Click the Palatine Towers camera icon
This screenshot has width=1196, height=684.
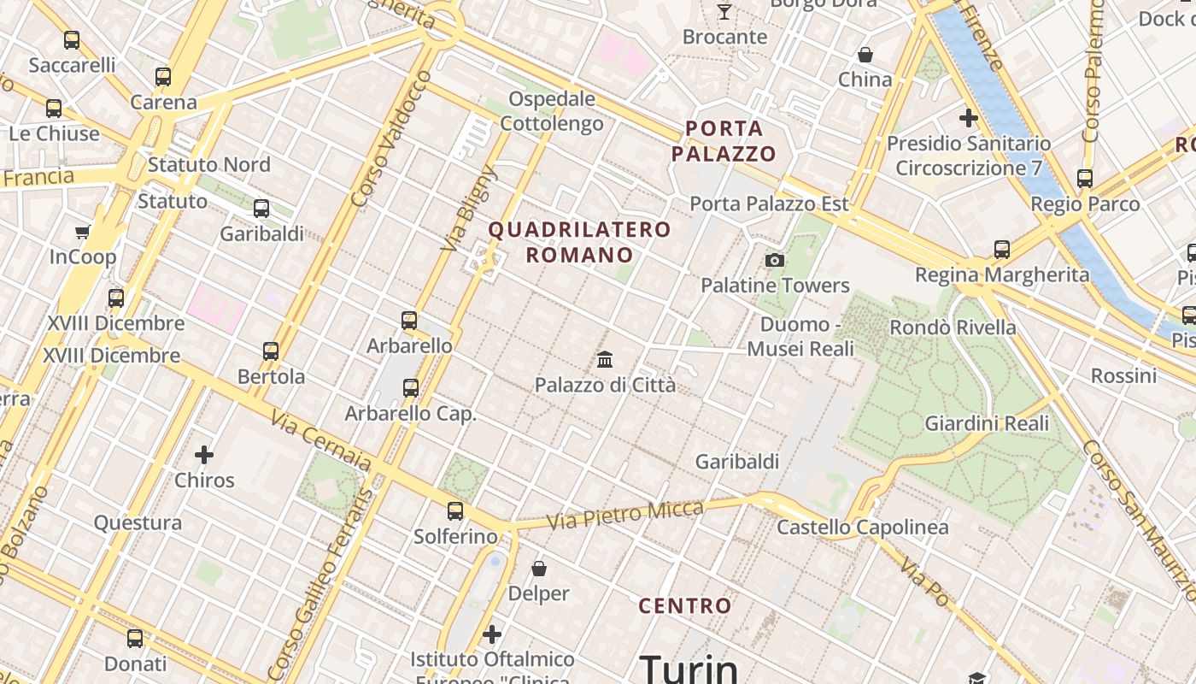tap(775, 260)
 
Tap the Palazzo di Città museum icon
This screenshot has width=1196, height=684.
tap(605, 359)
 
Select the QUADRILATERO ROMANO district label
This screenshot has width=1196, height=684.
tap(579, 242)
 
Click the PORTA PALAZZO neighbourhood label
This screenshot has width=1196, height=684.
tap(724, 141)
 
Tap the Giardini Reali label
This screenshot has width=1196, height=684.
tap(987, 423)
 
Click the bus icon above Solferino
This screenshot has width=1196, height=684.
tap(455, 511)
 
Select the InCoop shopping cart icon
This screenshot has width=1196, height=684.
tap(83, 232)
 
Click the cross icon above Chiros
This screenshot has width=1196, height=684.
tap(204, 454)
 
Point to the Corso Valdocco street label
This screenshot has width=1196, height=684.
tap(391, 139)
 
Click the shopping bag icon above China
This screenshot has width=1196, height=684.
tap(865, 55)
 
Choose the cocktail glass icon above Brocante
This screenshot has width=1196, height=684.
tap(724, 11)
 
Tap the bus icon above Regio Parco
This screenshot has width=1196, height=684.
tap(1085, 179)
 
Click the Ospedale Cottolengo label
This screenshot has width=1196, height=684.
tap(552, 111)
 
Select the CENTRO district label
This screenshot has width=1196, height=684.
tap(685, 606)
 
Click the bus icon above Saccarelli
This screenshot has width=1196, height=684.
tap(72, 39)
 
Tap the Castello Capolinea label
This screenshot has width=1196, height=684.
tap(863, 527)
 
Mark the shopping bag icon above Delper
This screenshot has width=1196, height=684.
tap(539, 568)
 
